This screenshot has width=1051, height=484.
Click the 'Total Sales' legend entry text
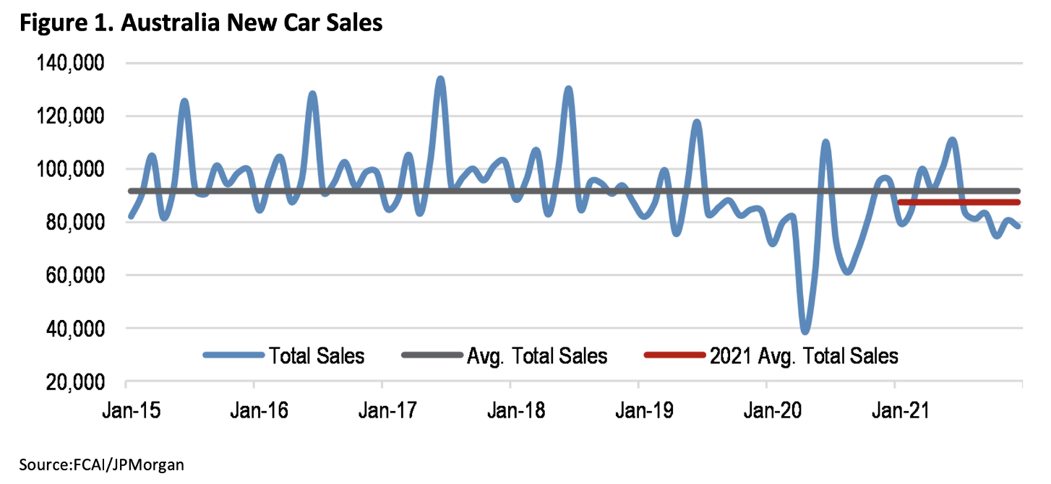coord(317,355)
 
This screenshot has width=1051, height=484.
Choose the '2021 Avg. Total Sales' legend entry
coord(804,355)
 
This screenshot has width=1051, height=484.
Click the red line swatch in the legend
coord(673,355)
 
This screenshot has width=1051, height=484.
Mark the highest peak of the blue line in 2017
coord(440,79)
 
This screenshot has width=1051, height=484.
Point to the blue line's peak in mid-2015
coord(184,101)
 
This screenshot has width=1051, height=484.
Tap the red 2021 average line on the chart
coord(961,202)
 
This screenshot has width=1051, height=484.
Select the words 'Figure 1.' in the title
coord(57,23)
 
